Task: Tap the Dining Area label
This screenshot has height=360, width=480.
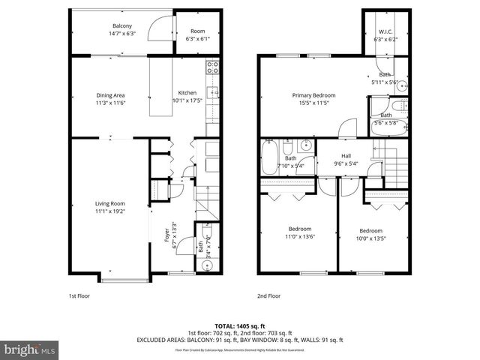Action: click(x=109, y=94)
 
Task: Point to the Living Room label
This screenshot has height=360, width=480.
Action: click(x=109, y=203)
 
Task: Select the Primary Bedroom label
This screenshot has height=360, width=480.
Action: click(x=313, y=95)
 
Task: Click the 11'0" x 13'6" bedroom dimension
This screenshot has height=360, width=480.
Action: click(x=300, y=237)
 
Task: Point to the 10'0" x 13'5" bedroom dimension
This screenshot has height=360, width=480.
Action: click(x=370, y=238)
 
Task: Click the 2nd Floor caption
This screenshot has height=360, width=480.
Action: click(x=268, y=296)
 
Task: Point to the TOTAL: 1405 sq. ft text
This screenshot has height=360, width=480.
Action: click(x=239, y=325)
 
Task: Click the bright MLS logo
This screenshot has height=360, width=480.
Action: click(x=29, y=349)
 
